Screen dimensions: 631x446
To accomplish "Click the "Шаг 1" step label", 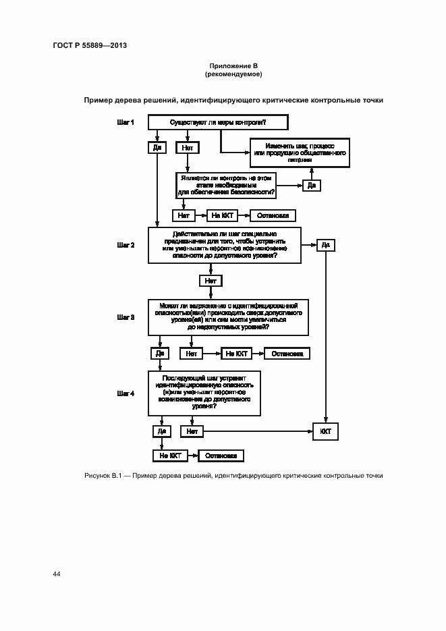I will (x=126, y=122).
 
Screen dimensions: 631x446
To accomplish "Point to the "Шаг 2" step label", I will (x=126, y=246).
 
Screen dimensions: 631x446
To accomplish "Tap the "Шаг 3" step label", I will (x=126, y=317).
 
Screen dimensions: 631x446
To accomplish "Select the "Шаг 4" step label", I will (x=126, y=393).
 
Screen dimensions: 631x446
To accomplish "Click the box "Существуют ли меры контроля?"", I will (x=217, y=122).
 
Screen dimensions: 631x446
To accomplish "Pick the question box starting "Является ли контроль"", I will (x=226, y=185).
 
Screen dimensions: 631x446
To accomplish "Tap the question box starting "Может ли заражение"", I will (x=229, y=317).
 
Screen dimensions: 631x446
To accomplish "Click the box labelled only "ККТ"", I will (x=325, y=431).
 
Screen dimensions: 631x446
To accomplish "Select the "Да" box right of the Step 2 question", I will (x=325, y=245).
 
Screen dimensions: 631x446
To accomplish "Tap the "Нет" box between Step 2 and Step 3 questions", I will (x=210, y=280).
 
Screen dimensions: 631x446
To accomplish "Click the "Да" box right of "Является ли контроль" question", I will (x=311, y=185).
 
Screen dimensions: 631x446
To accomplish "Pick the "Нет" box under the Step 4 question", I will (x=192, y=431).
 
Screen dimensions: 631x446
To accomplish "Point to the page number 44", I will (x=57, y=574).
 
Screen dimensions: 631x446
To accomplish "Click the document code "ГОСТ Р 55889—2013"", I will (x=90, y=45).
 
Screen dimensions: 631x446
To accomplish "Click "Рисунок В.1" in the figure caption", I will (x=102, y=476).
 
